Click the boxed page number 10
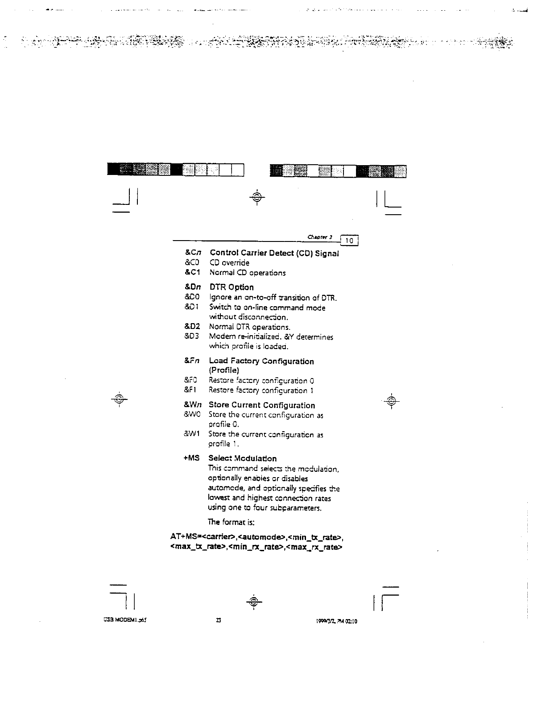[x=350, y=241]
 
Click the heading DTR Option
[x=232, y=287]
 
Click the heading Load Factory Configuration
[x=261, y=361]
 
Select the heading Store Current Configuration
[x=262, y=405]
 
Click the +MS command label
[x=191, y=458]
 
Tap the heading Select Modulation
[x=242, y=458]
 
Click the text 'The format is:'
[x=231, y=522]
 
